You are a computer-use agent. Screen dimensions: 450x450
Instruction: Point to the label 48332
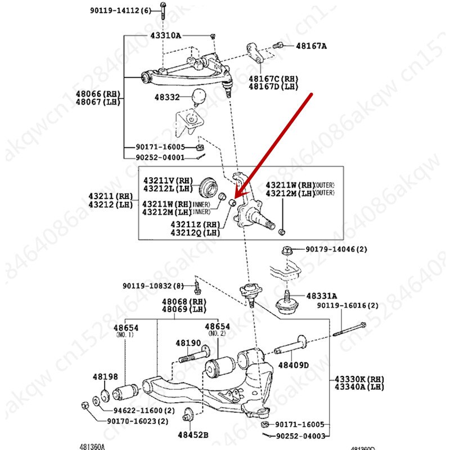(x=166, y=97)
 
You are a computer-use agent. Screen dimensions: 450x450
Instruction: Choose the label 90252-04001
(x=160, y=157)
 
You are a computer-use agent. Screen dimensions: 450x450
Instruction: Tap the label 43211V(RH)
(x=166, y=181)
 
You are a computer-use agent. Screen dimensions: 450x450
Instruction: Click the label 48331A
(x=322, y=295)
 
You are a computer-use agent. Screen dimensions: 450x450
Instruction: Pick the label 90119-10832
(x=153, y=285)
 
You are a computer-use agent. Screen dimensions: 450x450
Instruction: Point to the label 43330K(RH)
(x=359, y=380)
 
